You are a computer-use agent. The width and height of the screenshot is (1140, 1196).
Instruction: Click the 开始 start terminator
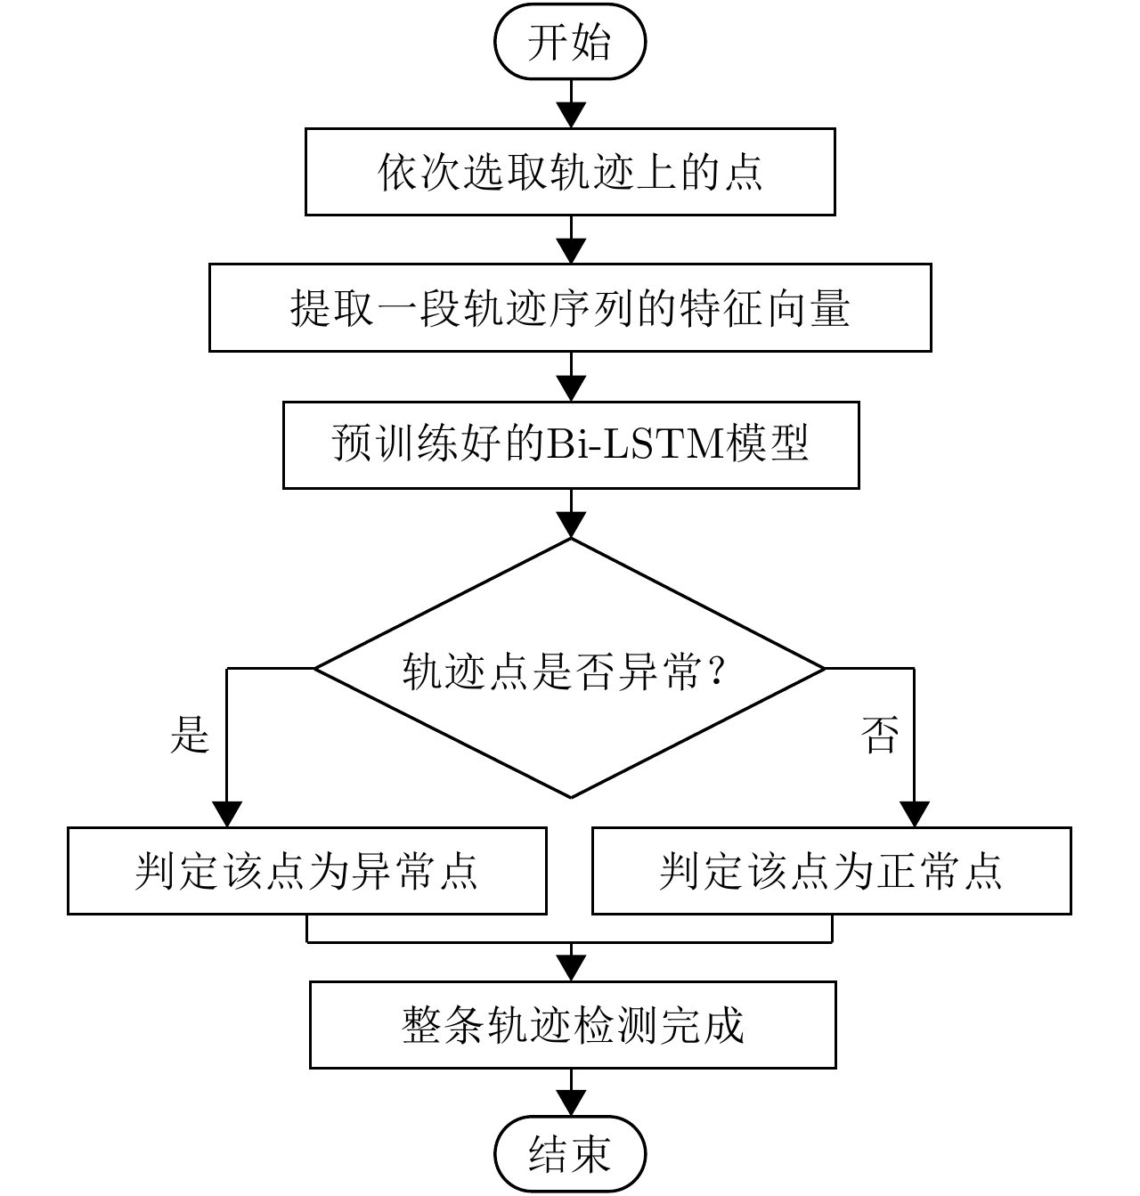[570, 42]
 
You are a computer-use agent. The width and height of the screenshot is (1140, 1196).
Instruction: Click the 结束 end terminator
[570, 1155]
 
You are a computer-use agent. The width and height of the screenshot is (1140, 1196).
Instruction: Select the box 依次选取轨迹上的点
[570, 172]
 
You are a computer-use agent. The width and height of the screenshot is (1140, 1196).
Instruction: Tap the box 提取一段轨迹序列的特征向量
[570, 307]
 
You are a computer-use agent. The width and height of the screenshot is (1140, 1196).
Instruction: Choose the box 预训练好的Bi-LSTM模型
[570, 444]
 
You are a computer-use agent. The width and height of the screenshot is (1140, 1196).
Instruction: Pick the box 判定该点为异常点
[307, 871]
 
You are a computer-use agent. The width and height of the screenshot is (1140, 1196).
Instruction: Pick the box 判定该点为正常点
[831, 871]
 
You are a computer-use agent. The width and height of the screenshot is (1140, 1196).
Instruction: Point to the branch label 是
[189, 736]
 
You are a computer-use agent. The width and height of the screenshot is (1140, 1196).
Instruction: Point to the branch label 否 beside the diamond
[879, 736]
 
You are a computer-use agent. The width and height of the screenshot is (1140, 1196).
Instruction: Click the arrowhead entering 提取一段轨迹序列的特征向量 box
[570, 252]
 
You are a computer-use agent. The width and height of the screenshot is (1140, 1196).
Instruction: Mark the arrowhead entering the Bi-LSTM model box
[570, 389]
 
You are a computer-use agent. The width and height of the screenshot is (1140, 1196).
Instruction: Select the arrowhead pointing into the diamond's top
[570, 526]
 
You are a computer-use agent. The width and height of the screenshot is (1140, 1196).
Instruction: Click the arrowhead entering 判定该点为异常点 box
[227, 815]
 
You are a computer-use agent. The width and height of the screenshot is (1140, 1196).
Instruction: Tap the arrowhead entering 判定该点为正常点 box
[914, 815]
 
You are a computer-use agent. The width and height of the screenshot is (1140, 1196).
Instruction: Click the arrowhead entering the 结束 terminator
[570, 1105]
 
